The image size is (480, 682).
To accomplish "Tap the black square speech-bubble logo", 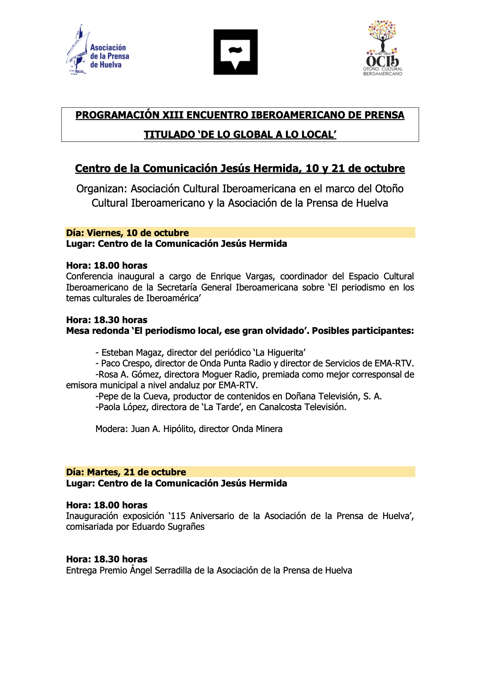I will [x=235, y=52].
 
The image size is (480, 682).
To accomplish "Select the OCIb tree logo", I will [x=382, y=48].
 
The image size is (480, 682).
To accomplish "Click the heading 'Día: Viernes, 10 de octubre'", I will [x=127, y=233].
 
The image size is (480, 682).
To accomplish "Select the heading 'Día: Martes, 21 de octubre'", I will [x=126, y=472].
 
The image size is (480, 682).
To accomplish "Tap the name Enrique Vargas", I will [x=243, y=277].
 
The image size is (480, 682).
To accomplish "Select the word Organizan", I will [x=101, y=189].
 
